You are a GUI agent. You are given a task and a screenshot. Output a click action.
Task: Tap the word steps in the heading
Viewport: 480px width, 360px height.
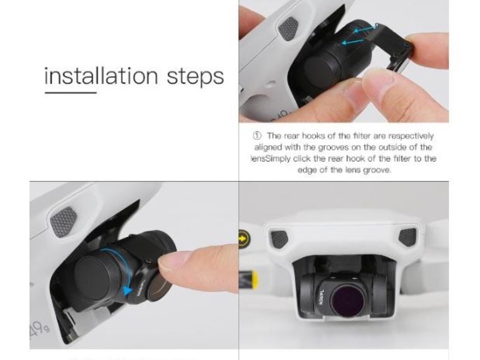[x=195, y=77]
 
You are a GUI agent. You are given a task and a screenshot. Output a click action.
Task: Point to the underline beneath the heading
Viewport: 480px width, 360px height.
[x=70, y=92]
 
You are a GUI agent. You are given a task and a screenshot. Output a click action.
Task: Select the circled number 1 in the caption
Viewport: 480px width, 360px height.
[x=257, y=136]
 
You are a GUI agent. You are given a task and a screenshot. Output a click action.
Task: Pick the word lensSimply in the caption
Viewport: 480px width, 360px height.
[x=270, y=159]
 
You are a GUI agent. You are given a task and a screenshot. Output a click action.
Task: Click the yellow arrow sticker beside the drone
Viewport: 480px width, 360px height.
[x=244, y=237]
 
